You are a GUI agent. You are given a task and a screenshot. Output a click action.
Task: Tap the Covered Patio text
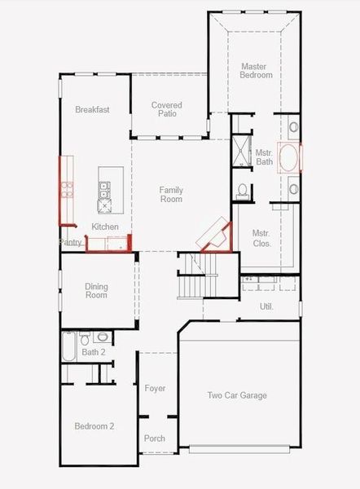tap(167, 109)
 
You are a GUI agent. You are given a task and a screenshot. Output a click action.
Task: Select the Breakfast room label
tap(92, 109)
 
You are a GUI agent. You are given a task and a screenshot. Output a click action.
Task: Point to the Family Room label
tap(171, 194)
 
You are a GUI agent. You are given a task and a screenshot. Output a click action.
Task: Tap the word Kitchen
tap(105, 227)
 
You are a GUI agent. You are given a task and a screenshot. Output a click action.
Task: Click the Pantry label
tap(71, 242)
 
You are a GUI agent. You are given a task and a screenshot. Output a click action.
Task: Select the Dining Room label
tap(96, 290)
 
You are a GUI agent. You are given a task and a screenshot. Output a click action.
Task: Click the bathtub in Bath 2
tap(68, 346)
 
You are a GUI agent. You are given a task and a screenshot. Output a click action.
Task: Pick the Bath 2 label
tap(93, 352)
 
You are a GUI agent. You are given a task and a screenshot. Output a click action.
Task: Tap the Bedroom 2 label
tap(94, 426)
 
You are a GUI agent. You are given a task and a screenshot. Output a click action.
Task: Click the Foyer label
tap(155, 388)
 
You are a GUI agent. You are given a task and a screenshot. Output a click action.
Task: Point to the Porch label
tap(155, 438)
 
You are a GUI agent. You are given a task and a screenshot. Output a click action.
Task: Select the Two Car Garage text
tap(237, 395)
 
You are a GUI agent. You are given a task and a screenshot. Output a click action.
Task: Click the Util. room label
tap(266, 306)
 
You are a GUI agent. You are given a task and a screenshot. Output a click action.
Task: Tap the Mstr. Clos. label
tap(261, 238)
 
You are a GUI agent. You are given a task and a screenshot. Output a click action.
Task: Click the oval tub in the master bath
tap(289, 157)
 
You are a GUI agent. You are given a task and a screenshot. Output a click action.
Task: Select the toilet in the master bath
tap(242, 191)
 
